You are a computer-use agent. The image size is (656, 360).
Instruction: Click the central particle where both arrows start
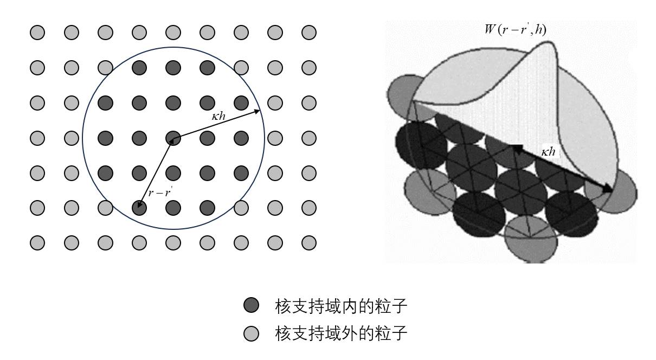tap(173, 139)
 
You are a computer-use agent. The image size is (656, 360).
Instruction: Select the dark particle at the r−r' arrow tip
tap(139, 207)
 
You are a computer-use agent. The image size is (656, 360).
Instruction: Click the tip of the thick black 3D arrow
tap(609, 190)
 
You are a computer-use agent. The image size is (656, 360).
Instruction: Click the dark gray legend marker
tap(251, 307)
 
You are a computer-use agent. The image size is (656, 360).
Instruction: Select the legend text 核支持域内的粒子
tap(341, 307)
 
